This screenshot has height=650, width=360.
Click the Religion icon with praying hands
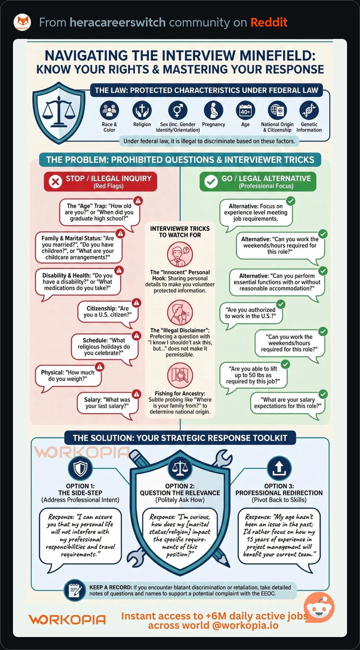pyautogui.click(x=142, y=110)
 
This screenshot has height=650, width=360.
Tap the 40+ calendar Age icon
pyautogui.click(x=245, y=110)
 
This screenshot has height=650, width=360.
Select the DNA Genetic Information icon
pyautogui.click(x=309, y=110)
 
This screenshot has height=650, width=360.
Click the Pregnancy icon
pyautogui.click(x=213, y=110)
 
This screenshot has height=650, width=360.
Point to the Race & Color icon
pyautogui.click(x=109, y=110)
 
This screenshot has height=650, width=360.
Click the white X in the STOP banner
pyautogui.click(x=56, y=182)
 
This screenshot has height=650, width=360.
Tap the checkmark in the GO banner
pyautogui.click(x=211, y=182)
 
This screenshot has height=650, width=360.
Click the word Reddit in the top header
pyautogui.click(x=269, y=22)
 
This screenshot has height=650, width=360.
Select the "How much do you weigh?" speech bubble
pyautogui.click(x=68, y=376)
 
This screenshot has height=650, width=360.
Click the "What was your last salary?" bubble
pyautogui.click(x=107, y=403)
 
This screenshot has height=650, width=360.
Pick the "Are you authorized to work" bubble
pyautogui.click(x=251, y=313)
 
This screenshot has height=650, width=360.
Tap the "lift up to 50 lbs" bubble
pyautogui.click(x=253, y=375)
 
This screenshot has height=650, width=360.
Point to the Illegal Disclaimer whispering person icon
pyautogui.click(x=180, y=312)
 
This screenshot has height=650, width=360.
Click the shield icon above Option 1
pyautogui.click(x=80, y=468)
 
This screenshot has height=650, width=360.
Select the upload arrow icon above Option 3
pyautogui.click(x=279, y=468)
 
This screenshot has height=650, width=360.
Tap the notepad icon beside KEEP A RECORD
pyautogui.click(x=75, y=591)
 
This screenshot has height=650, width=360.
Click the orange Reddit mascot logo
pyautogui.click(x=319, y=607)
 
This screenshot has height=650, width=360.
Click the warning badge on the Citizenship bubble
pyautogui.click(x=136, y=303)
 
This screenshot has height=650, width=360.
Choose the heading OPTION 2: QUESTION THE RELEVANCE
pyautogui.click(x=180, y=489)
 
